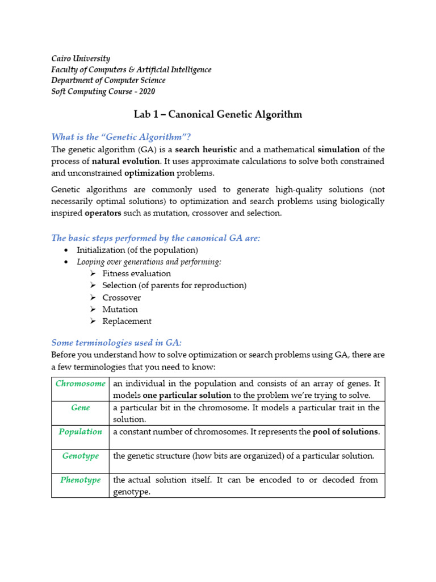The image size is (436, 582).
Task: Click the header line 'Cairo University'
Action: click(81, 59)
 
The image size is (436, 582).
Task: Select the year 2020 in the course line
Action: click(145, 92)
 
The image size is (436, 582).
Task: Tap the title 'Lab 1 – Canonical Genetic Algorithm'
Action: click(218, 115)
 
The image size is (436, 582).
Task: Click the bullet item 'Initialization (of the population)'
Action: click(137, 250)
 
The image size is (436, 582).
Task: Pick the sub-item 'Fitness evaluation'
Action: click(136, 273)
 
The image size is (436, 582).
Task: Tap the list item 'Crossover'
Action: click(121, 298)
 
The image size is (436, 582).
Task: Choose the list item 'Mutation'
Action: click(120, 310)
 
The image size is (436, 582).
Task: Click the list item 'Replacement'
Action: click(127, 322)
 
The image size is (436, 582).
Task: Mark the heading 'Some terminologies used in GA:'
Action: click(116, 343)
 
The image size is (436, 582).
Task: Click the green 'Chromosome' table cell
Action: click(81, 384)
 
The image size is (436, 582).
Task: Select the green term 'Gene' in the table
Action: click(81, 408)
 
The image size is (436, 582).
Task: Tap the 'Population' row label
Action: click(81, 431)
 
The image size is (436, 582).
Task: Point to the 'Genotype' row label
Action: click(81, 456)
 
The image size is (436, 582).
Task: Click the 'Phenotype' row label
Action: click(81, 480)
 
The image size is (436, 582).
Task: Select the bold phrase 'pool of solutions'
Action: click(345, 432)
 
